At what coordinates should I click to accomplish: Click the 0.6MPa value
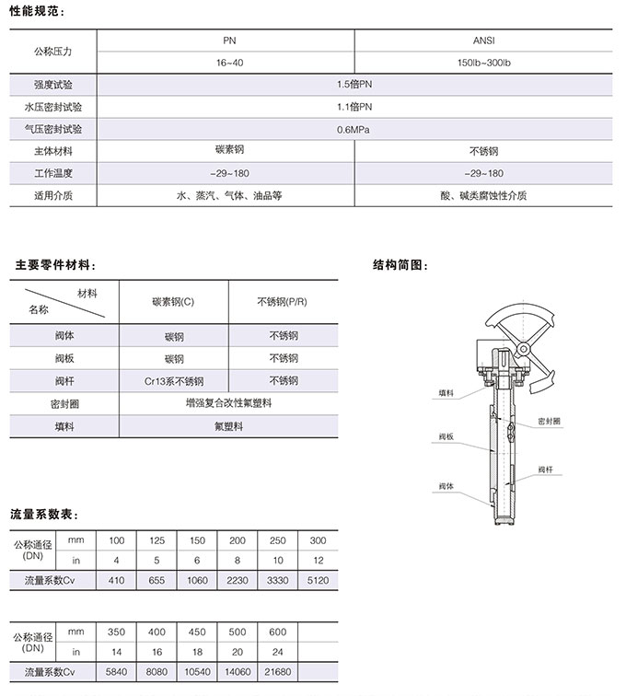(354, 129)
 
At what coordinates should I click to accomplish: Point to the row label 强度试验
(53, 85)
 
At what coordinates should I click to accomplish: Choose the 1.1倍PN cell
(354, 107)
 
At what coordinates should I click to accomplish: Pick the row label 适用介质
(53, 196)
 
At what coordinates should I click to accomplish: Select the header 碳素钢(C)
(174, 301)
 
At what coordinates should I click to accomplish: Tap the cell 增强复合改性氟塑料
(229, 403)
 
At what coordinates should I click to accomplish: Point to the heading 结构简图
(400, 266)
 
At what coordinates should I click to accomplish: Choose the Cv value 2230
(238, 581)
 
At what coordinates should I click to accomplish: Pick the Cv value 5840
(117, 674)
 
